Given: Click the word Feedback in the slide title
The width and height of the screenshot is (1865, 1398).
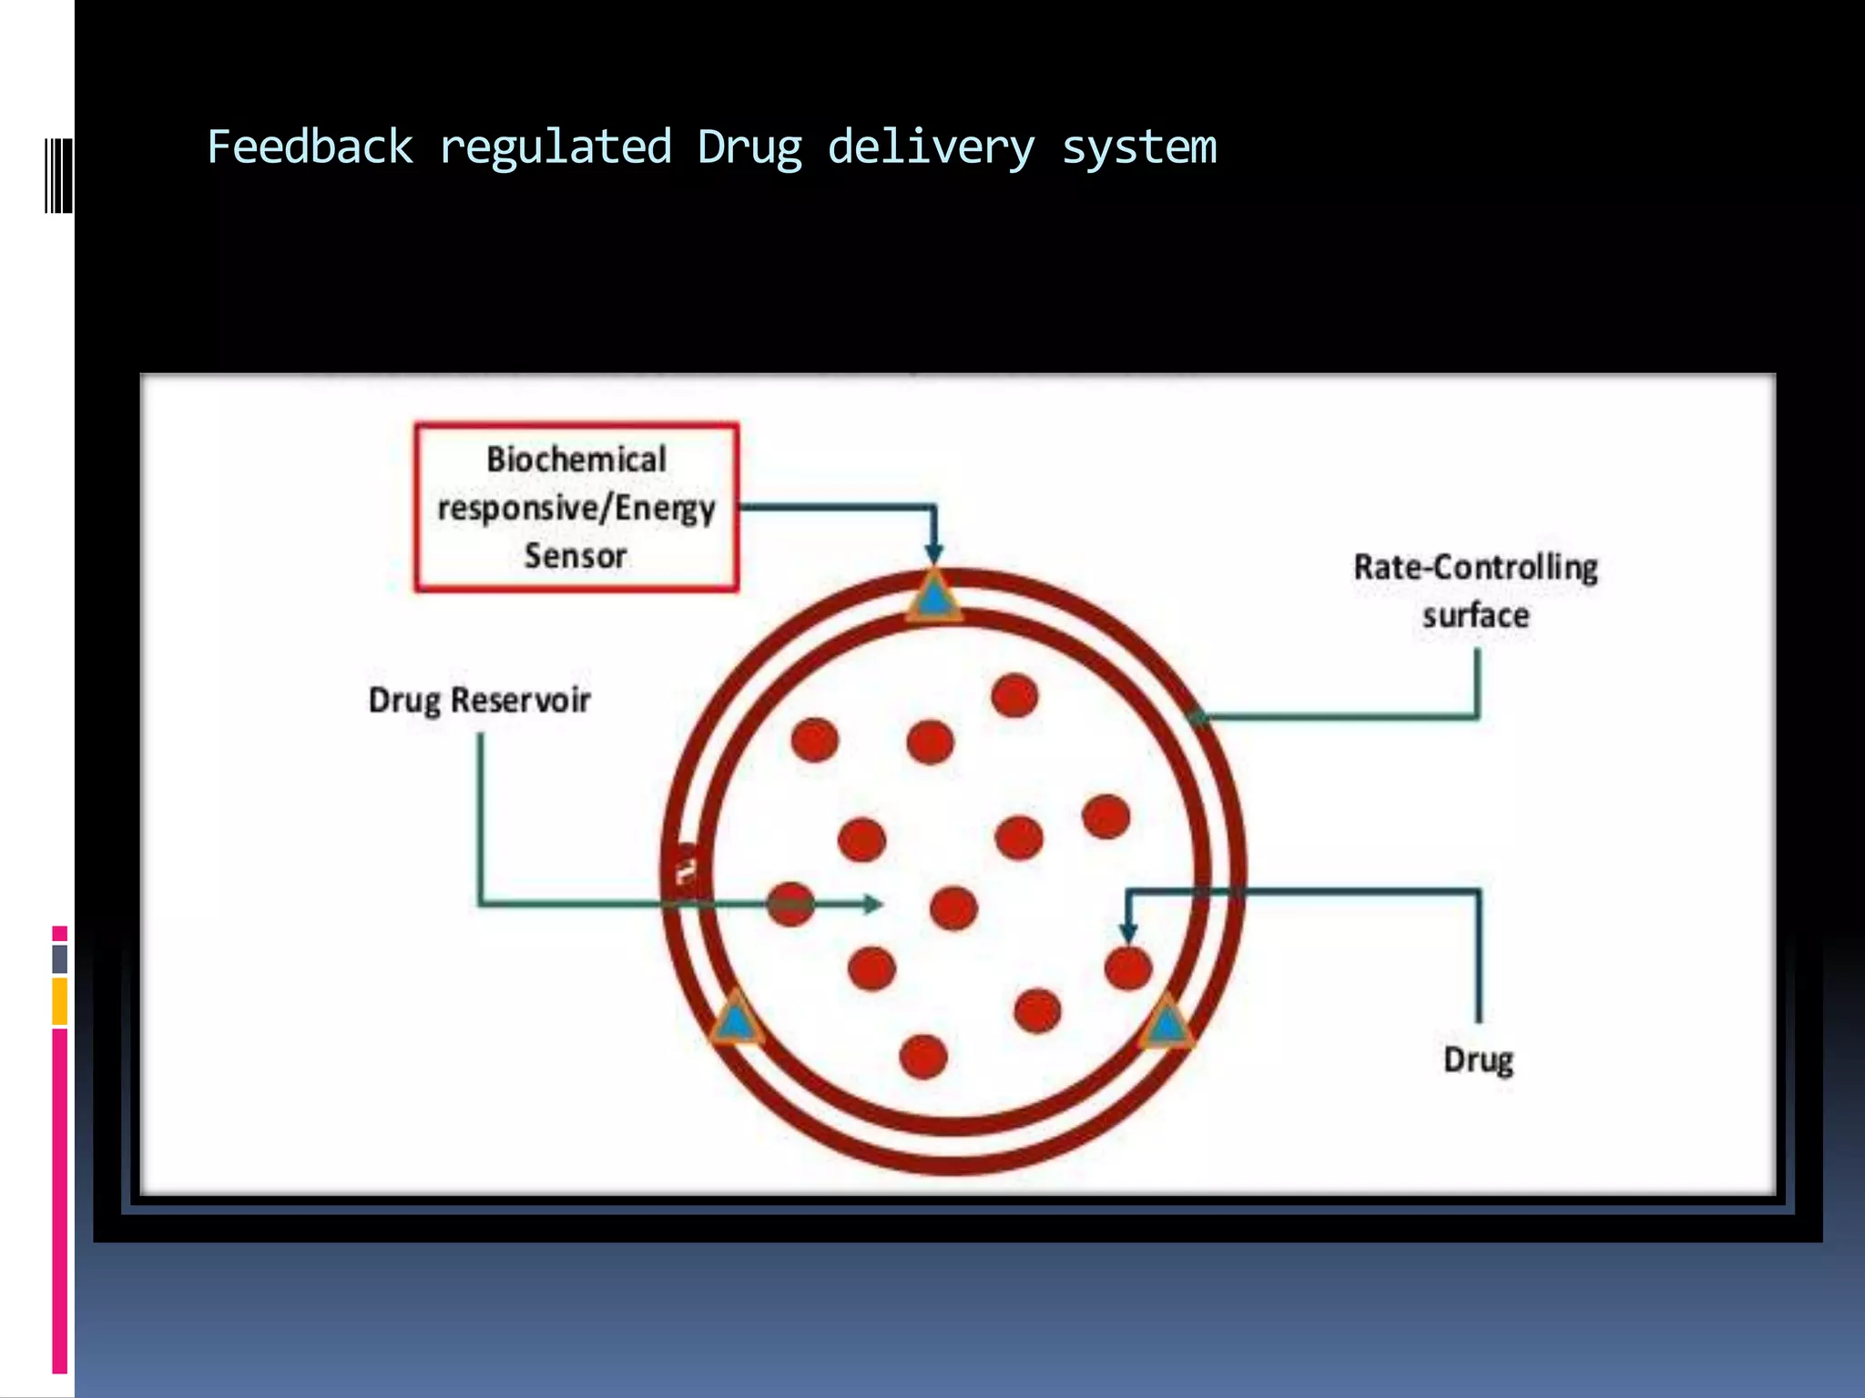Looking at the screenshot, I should (310, 147).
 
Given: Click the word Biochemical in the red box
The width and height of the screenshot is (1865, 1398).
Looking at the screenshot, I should (576, 460).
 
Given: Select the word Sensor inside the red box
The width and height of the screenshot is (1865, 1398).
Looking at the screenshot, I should (576, 555).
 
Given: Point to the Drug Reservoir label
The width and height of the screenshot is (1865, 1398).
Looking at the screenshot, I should (479, 700).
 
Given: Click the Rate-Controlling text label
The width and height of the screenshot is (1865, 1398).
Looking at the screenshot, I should (1475, 568).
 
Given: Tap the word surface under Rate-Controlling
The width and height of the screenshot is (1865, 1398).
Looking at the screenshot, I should (1475, 616).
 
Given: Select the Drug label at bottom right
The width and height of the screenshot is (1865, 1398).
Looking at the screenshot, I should (1478, 1059).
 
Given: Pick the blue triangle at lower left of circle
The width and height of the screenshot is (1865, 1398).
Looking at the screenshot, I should (736, 1021).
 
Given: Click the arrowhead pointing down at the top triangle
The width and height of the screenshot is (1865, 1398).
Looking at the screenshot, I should (933, 552).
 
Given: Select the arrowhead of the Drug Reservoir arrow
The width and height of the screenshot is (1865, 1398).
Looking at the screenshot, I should (872, 904).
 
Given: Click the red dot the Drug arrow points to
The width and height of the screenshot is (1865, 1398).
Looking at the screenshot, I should (1128, 967).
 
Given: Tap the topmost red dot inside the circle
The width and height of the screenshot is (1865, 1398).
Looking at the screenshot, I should (1014, 696).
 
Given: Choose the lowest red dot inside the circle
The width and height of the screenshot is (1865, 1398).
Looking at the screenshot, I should (923, 1057).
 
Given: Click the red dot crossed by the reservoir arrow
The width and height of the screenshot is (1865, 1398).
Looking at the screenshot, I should (790, 904).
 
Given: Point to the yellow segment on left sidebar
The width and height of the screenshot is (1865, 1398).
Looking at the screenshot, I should (59, 1001).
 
